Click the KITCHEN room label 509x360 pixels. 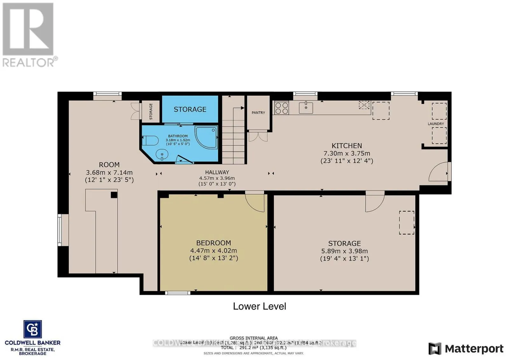[x=346, y=146]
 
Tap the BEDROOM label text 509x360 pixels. [x=213, y=243]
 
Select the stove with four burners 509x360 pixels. [x=282, y=107]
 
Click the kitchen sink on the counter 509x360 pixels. [x=306, y=108]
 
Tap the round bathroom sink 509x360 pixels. [x=162, y=155]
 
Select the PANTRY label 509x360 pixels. [x=258, y=113]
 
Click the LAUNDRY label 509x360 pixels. [x=436, y=124]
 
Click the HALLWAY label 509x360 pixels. [x=217, y=172]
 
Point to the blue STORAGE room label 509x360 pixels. [x=190, y=109]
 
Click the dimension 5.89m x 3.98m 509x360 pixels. [x=344, y=251]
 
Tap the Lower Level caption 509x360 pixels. [x=260, y=306]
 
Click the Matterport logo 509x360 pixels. [x=466, y=349]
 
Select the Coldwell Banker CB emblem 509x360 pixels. [x=32, y=329]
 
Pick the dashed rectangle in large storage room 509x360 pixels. [x=407, y=223]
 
